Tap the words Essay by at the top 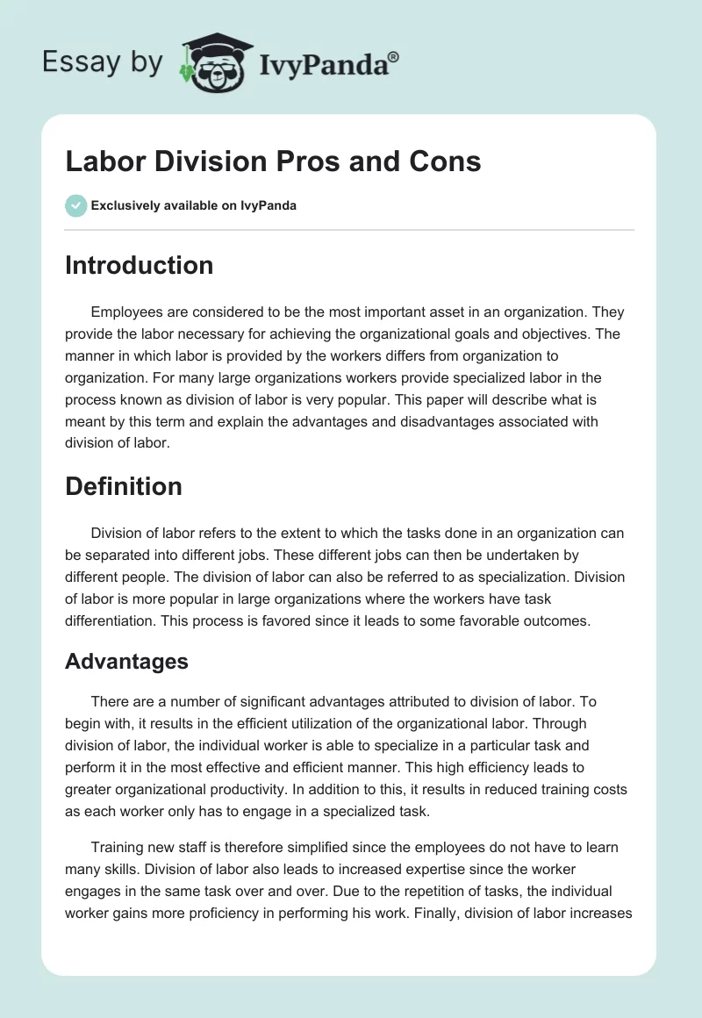102,61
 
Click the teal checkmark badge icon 75,205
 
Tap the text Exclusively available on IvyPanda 193,205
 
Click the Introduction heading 139,265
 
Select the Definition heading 124,486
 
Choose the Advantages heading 126,661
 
